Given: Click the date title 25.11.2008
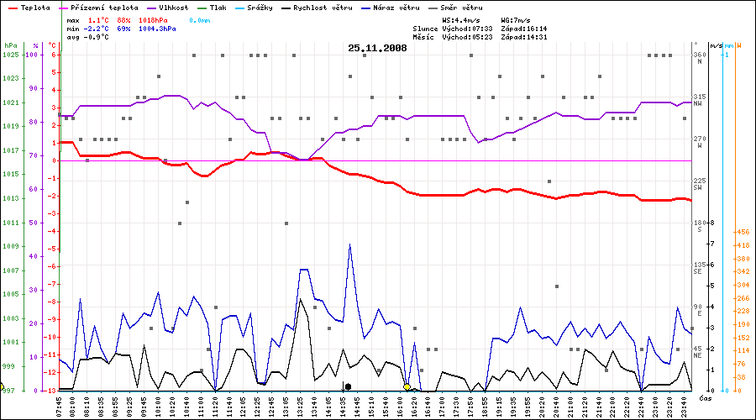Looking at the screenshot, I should (x=377, y=48).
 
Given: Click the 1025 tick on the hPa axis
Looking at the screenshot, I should (x=11, y=55).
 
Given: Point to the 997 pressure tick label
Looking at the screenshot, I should (x=8, y=391).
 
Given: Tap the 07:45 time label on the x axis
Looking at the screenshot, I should (x=59, y=406).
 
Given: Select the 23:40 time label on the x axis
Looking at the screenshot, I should (x=687, y=406).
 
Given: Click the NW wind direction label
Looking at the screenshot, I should (x=697, y=104).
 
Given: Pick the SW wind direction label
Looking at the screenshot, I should (x=697, y=188).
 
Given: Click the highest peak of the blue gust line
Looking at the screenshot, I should (x=349, y=244).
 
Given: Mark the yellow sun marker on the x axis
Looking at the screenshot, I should (x=407, y=387).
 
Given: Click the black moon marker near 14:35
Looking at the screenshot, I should (x=348, y=387).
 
